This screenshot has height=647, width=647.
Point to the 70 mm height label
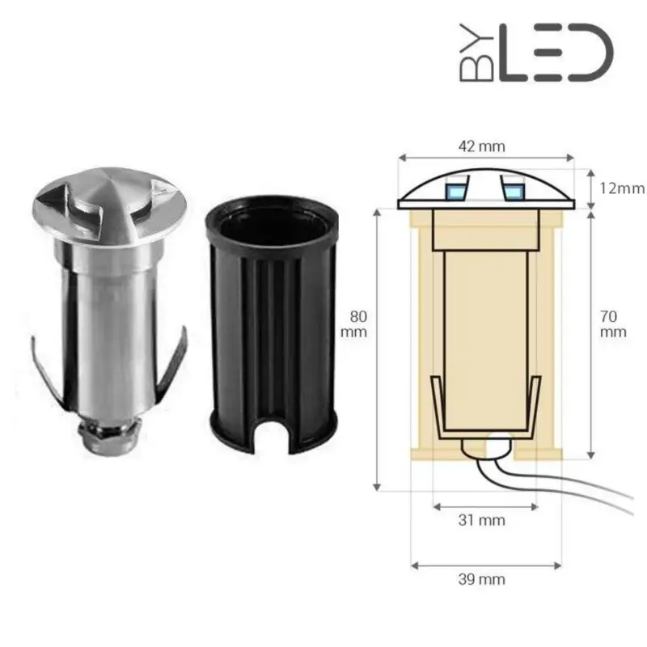tap(613, 323)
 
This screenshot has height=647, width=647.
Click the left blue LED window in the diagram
tap(455, 191)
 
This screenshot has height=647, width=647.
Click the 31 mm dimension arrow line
tap(485, 507)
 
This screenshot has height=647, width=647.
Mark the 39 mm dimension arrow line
tap(484, 565)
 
